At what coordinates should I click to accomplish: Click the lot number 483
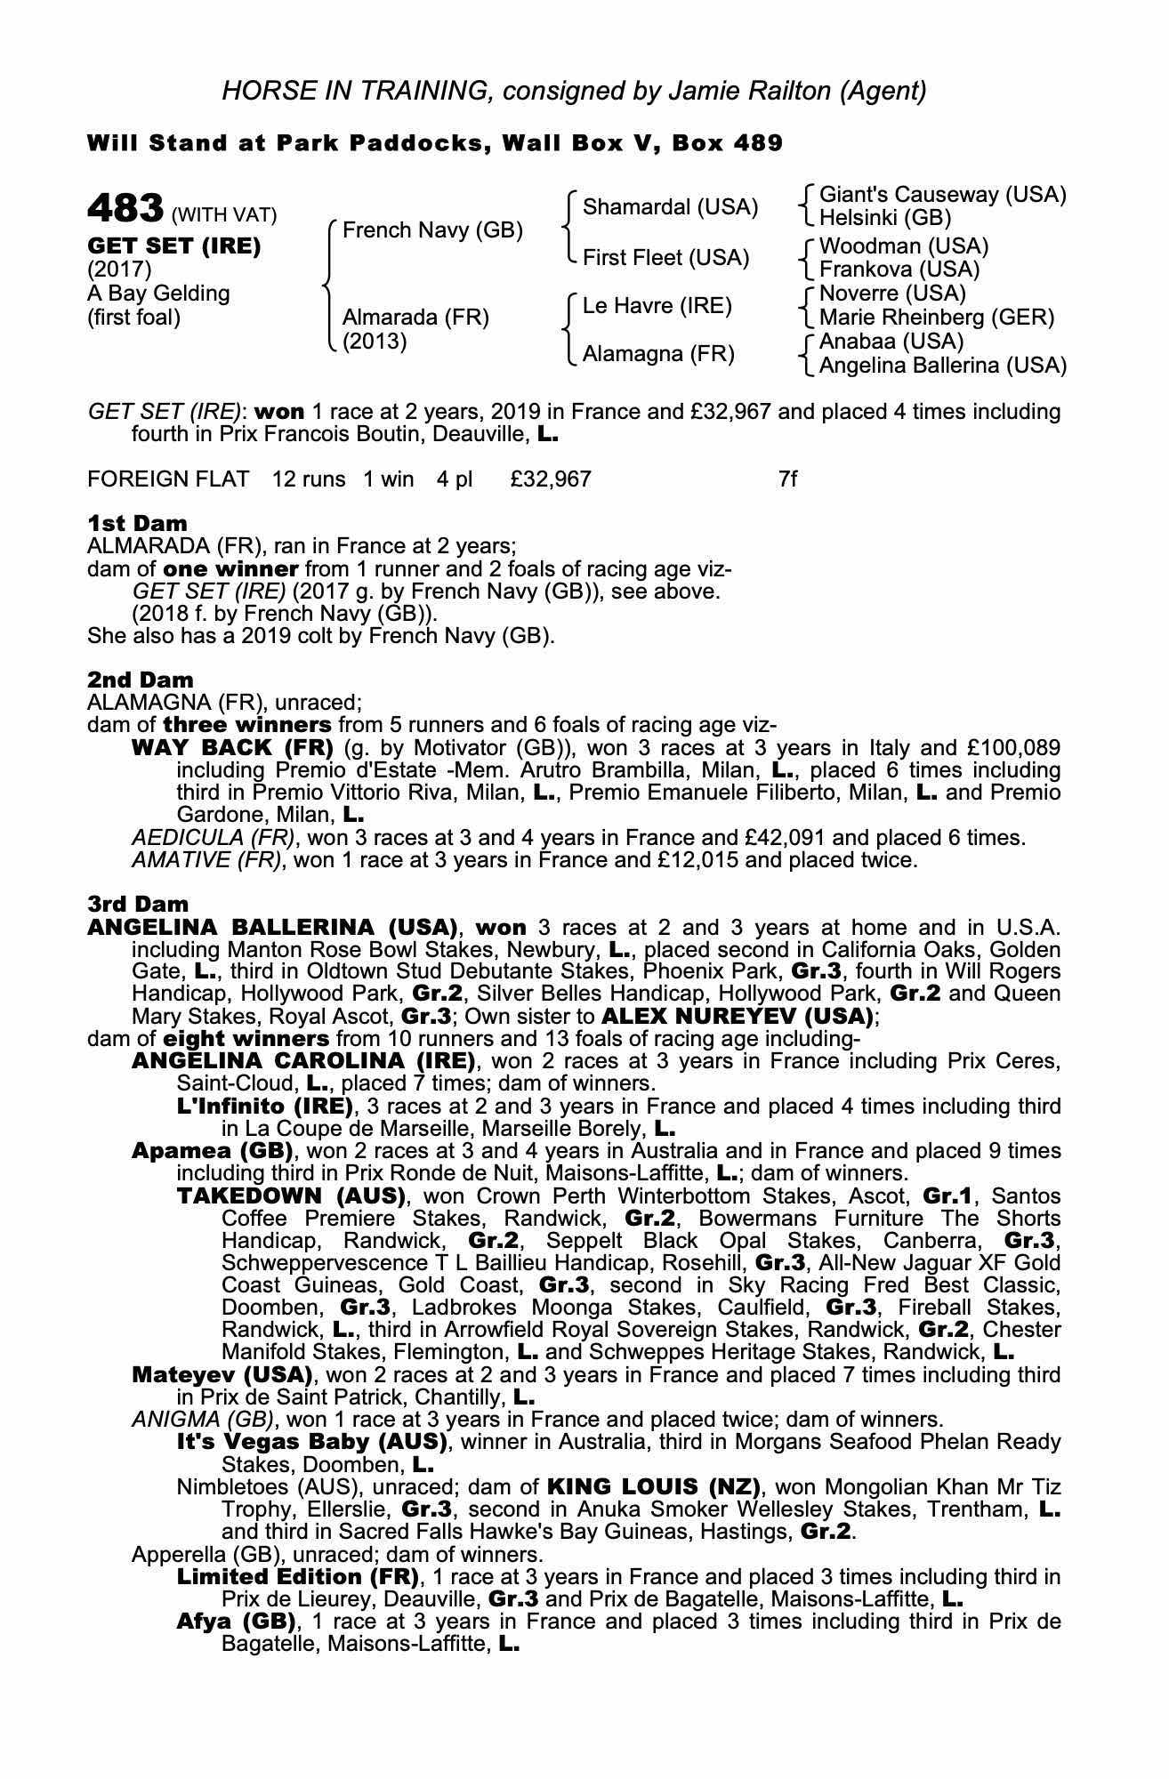[x=125, y=209]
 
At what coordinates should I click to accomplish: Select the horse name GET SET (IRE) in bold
[x=174, y=246]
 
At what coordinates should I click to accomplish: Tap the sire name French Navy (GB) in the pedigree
[x=432, y=230]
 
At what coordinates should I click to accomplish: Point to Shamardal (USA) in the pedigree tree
[x=670, y=207]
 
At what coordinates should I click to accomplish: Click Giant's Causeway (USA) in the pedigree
[x=942, y=195]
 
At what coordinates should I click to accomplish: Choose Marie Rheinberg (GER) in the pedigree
[x=936, y=317]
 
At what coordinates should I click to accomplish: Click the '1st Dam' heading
[x=137, y=523]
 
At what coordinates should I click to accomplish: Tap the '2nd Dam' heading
[x=140, y=680]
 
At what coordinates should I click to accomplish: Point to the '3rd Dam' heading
[x=138, y=905]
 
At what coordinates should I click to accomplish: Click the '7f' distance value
[x=787, y=479]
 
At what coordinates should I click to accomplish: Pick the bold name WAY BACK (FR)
[x=232, y=747]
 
